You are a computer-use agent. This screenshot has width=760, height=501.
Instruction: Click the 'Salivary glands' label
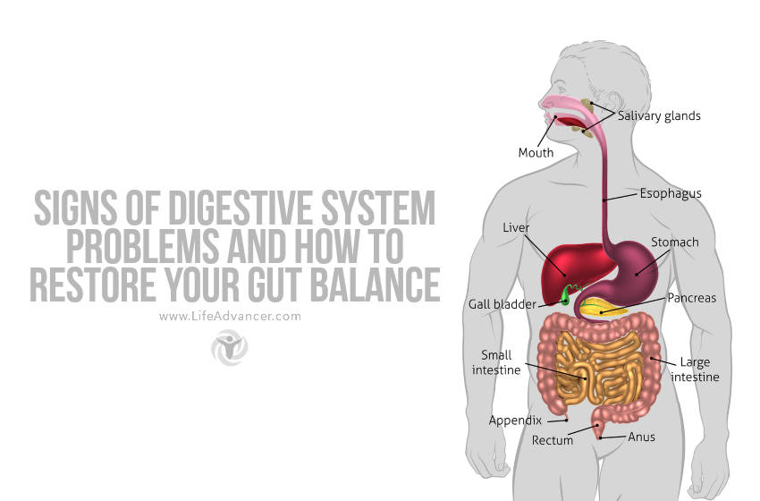click(x=659, y=115)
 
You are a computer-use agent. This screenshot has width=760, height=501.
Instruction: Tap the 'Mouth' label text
click(x=536, y=152)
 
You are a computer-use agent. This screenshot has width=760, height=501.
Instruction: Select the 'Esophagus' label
click(x=670, y=193)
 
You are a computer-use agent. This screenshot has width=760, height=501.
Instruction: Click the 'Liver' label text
click(x=517, y=228)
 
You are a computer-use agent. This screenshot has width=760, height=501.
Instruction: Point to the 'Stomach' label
click(x=675, y=242)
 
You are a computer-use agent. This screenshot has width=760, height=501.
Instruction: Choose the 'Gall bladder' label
click(x=502, y=304)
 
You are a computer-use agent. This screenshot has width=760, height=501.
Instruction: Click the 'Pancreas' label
click(x=691, y=298)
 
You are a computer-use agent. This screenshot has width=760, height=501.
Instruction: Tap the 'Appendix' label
click(x=515, y=420)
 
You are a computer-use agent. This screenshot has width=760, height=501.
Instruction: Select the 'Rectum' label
click(x=552, y=440)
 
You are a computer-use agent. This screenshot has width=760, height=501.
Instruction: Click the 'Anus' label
click(x=641, y=437)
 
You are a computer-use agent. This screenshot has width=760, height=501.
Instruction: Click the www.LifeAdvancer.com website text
click(x=230, y=316)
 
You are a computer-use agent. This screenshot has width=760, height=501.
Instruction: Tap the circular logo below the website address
click(x=229, y=347)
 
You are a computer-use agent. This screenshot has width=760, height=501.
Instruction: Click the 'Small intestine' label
click(x=496, y=362)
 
